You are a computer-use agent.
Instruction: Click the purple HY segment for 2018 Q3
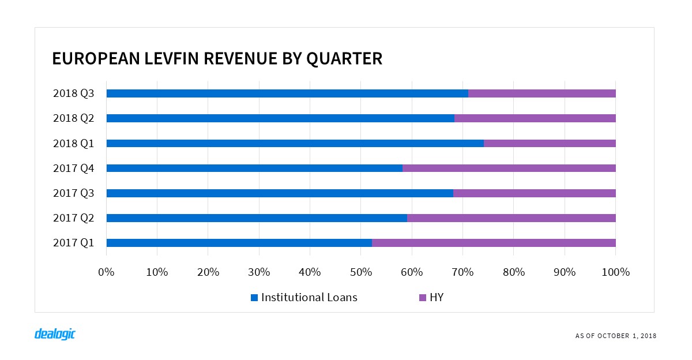542,93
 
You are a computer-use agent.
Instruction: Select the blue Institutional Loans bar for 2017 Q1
239,243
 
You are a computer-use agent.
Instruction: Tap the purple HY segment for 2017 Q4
509,168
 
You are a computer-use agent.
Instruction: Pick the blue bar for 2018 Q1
295,143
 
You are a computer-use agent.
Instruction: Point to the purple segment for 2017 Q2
511,218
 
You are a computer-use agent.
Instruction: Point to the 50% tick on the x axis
360,272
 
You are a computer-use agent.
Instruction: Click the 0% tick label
106,272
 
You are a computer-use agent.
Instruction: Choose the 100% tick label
615,272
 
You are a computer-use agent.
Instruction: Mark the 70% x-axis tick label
462,272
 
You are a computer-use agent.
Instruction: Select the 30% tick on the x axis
259,272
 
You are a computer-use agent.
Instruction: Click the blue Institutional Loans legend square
254,298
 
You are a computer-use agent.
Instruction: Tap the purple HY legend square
422,298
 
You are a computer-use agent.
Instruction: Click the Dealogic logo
55,334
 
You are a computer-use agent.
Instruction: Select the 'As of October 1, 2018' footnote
616,336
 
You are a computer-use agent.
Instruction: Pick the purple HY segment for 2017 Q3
534,193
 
